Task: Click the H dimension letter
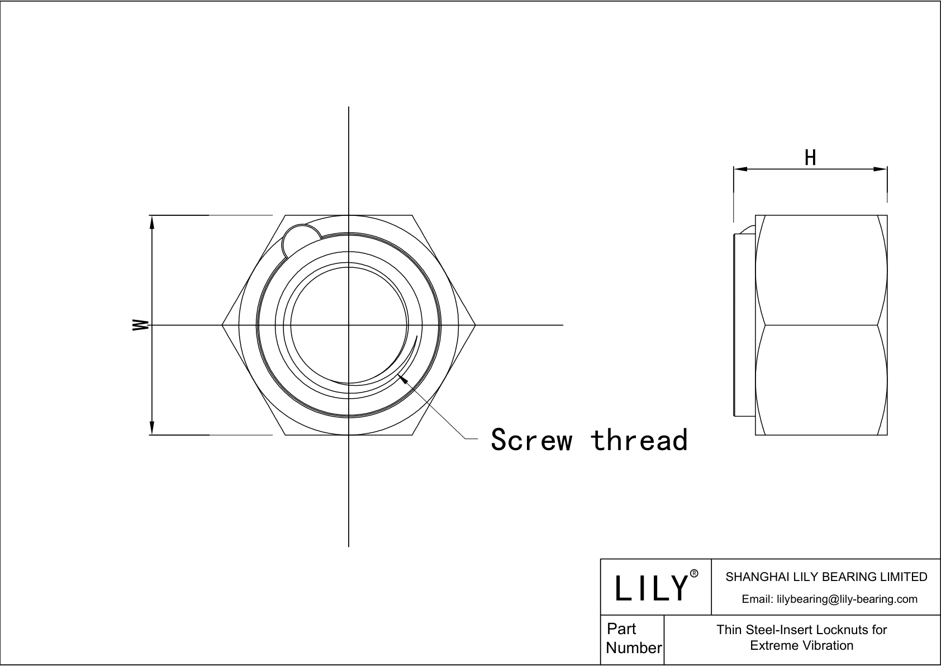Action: [810, 158]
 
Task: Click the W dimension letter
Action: [140, 325]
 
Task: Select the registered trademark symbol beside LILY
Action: [694, 573]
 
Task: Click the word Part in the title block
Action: [621, 629]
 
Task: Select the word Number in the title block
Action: [634, 648]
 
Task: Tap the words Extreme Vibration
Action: [801, 645]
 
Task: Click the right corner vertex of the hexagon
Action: [476, 325]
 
